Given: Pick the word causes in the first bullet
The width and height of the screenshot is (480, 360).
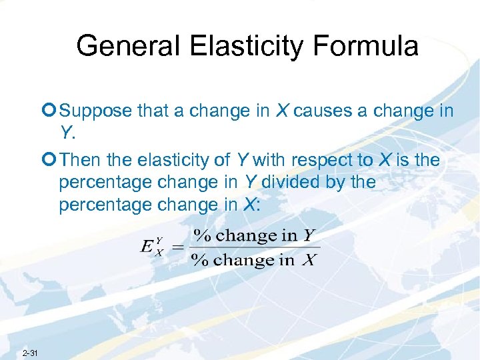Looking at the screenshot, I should point(324,111).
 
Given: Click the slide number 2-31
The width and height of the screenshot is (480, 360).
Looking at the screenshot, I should point(30,352).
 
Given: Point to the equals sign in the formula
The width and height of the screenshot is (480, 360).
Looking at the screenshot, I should point(177,247).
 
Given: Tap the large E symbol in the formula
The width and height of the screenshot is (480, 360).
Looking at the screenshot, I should point(148,246).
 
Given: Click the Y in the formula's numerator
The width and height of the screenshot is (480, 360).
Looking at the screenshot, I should point(308,235).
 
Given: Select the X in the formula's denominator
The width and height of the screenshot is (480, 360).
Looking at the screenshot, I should point(309,260).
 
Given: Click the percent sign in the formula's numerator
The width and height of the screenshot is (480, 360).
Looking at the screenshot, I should point(201,235).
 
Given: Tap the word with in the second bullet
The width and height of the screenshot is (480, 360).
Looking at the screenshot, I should point(267,160).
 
